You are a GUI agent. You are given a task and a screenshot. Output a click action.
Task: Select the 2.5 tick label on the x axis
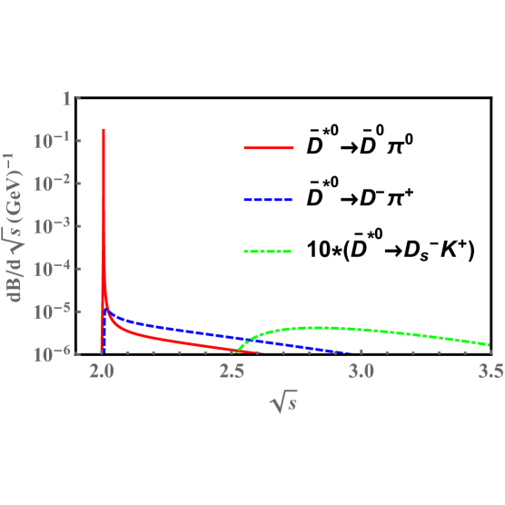point(233,371)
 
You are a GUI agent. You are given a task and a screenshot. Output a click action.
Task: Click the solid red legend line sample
point(269,147)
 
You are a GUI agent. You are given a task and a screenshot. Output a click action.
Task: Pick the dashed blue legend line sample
point(269,199)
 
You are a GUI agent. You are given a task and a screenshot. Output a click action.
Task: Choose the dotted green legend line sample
point(269,251)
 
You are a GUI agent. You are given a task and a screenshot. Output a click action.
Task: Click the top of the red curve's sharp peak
point(104,130)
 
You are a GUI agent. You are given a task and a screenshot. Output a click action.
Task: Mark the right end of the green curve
point(490,345)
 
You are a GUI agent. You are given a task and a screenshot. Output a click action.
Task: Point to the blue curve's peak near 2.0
point(108,311)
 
